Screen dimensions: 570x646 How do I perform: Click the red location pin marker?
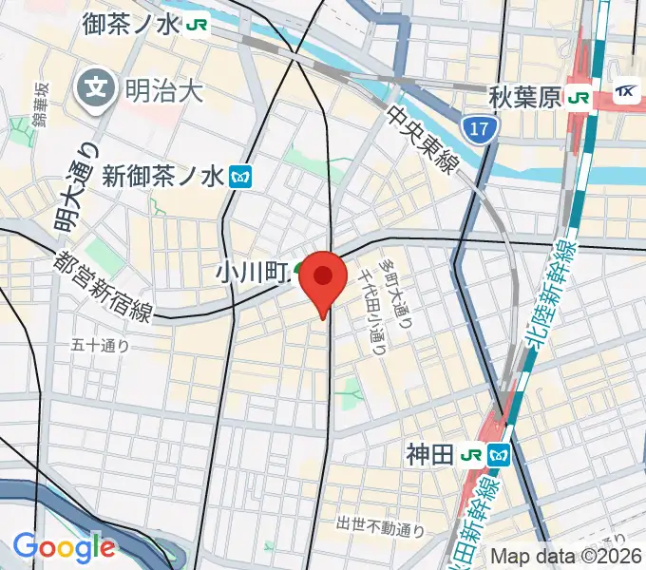pyautogui.click(x=324, y=278)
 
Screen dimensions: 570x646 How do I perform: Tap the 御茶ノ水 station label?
pyautogui.click(x=130, y=24)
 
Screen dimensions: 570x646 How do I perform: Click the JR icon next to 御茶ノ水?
pyautogui.click(x=198, y=25)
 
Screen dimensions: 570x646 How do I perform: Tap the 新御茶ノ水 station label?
pyautogui.click(x=162, y=176)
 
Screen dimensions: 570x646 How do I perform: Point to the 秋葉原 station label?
pyautogui.click(x=524, y=96)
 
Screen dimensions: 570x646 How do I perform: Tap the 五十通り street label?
pyautogui.click(x=100, y=346)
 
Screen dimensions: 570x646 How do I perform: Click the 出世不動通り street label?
pyautogui.click(x=379, y=524)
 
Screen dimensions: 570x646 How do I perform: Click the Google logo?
pyautogui.click(x=63, y=546)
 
